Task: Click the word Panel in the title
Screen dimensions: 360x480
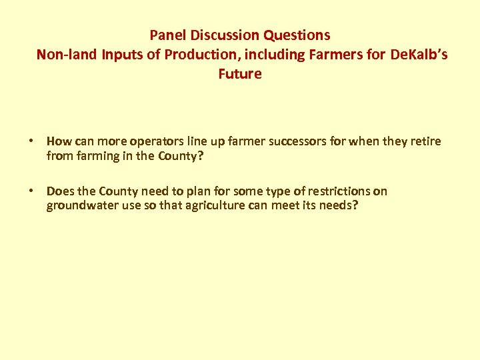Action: (167, 35)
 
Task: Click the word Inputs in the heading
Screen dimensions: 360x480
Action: (123, 55)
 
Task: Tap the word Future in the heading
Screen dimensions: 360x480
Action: (240, 74)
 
